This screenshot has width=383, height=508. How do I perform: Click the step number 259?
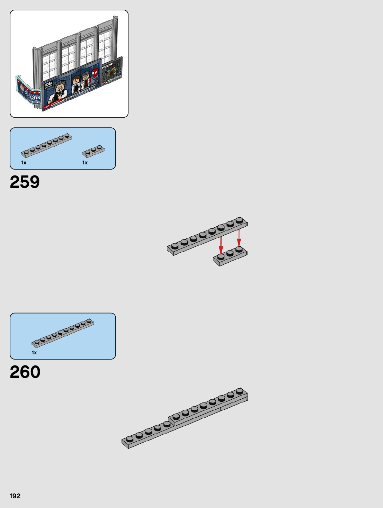tap(25, 182)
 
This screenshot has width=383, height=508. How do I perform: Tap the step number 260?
tap(25, 372)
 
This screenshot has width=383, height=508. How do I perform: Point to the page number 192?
tap(15, 496)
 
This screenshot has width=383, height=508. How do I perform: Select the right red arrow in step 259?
tap(239, 239)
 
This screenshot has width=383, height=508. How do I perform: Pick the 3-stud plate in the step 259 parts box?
tap(93, 151)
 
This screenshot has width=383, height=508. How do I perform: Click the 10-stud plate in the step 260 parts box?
tap(63, 333)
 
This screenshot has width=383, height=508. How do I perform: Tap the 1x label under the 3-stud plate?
tap(85, 163)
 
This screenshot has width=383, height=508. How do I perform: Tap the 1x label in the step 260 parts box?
tap(34, 353)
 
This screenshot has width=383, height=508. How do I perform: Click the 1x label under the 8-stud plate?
tap(24, 163)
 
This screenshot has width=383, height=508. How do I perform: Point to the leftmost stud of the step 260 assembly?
tap(130, 439)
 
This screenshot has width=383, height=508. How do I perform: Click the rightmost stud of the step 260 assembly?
tap(240, 391)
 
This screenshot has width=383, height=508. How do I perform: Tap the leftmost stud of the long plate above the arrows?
tap(175, 246)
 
